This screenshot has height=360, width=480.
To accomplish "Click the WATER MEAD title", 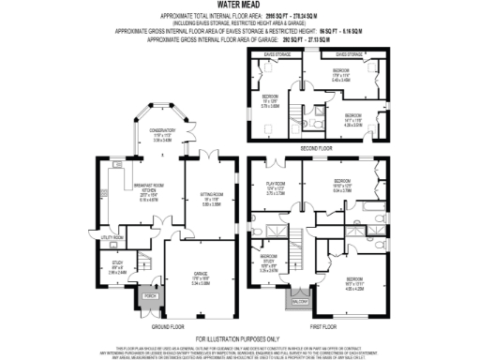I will pyautogui.click(x=239, y=5).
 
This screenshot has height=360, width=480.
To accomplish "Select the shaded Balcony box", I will pyautogui.click(x=297, y=303).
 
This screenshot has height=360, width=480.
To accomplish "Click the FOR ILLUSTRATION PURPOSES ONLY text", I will pyautogui.click(x=239, y=337).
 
